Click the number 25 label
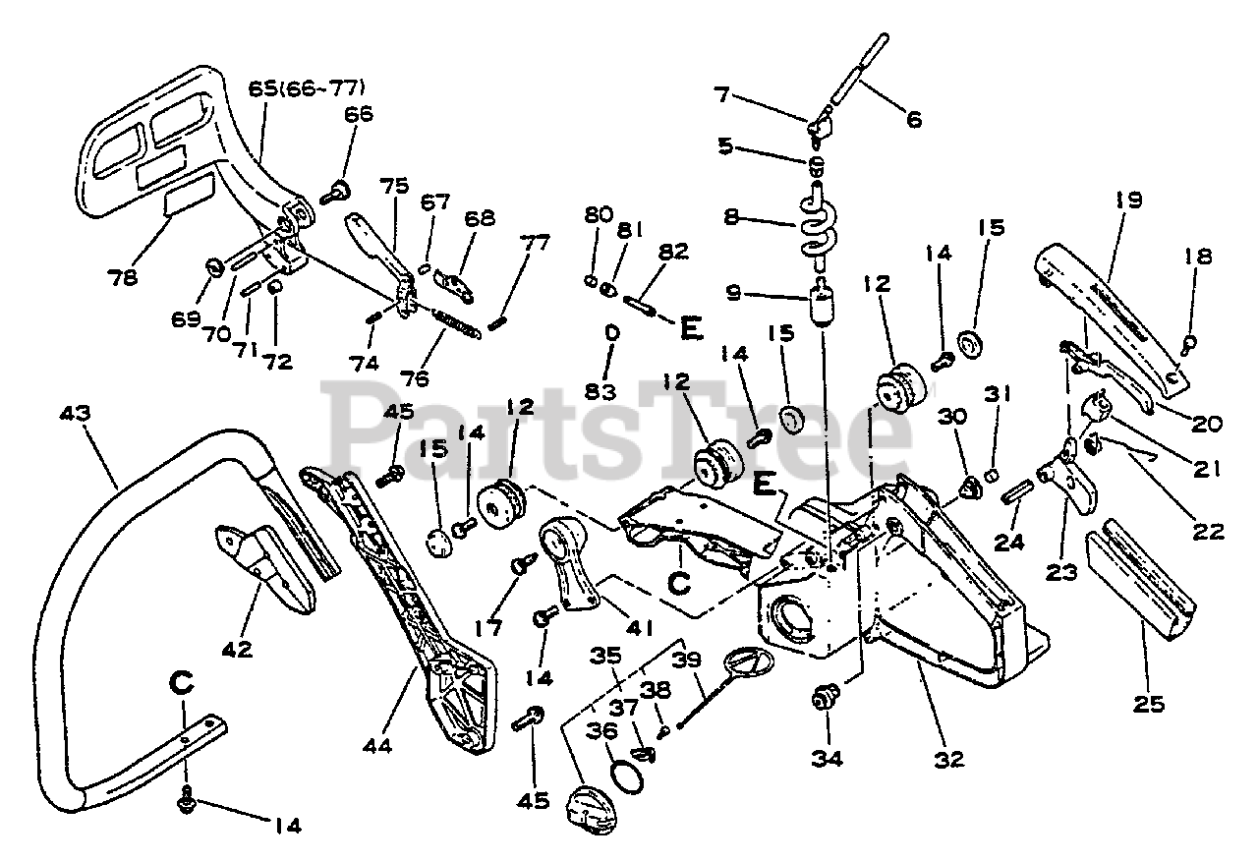pyautogui.click(x=1149, y=703)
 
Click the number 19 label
pyautogui.click(x=1127, y=201)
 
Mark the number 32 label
pyautogui.click(x=949, y=758)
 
